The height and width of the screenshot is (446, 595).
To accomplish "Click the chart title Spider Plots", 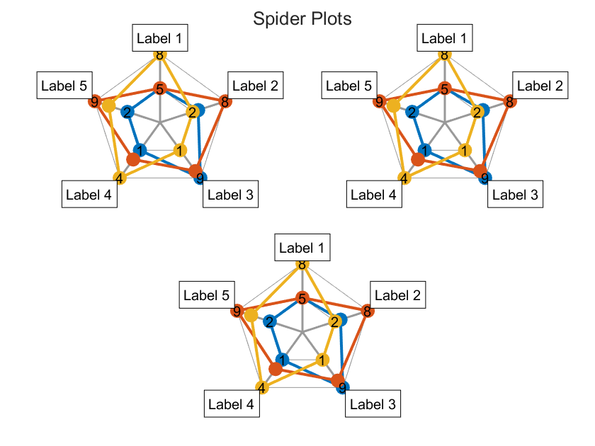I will (302, 19).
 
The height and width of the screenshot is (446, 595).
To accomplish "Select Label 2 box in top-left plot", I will (256, 86).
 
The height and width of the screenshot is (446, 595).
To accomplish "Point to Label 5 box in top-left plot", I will (64, 86).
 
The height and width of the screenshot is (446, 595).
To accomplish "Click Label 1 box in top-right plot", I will (444, 39).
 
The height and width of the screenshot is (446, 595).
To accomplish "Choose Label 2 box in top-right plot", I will (540, 86).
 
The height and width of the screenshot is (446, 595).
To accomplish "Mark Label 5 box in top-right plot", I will (348, 86).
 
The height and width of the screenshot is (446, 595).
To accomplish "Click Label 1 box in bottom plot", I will (302, 248).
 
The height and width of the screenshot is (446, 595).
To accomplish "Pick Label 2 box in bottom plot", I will (397, 296).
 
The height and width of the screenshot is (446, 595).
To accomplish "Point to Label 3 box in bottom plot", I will (373, 404).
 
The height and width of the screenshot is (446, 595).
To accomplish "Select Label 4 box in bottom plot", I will (232, 404).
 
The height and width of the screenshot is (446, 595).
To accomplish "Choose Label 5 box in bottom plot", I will (205, 296).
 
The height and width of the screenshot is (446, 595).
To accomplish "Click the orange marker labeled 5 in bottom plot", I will (302, 299).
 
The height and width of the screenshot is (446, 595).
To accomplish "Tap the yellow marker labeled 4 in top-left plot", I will (119, 178).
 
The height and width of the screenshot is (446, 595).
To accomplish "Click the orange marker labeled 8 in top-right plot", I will (508, 101).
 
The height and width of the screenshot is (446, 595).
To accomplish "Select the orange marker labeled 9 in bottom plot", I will (237, 311).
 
